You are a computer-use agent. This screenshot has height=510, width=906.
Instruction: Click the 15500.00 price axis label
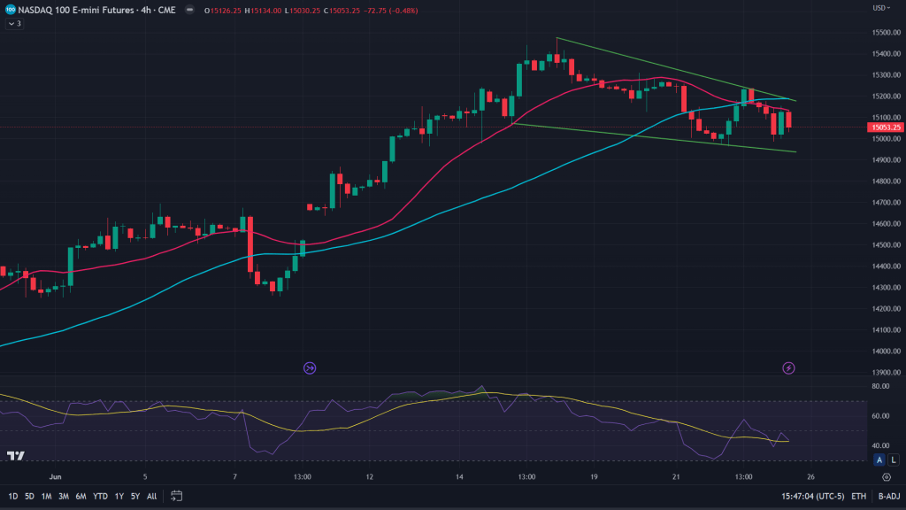pos(885,32)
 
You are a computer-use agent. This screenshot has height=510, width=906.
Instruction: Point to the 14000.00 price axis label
pos(885,351)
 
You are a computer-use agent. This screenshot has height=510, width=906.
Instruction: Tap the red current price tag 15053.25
pos(885,127)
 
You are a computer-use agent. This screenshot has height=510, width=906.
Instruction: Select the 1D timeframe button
pos(13,496)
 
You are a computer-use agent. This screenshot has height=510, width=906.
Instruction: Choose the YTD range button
pos(100,496)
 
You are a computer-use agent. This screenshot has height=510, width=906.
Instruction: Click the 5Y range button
pos(135,496)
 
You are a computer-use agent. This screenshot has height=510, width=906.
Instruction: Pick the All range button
pos(152,496)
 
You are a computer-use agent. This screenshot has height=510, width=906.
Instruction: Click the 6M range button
pos(81,496)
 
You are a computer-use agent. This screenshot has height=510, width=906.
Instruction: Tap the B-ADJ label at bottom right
pos(887,496)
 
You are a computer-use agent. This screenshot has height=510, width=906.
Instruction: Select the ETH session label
pos(858,496)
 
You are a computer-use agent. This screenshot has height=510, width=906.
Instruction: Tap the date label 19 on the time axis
pos(595,476)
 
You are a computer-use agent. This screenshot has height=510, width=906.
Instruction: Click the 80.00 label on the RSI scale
pos(880,387)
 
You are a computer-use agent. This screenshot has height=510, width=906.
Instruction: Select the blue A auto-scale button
pos(879,460)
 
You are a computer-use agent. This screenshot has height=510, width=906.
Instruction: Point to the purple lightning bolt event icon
pos(788,367)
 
